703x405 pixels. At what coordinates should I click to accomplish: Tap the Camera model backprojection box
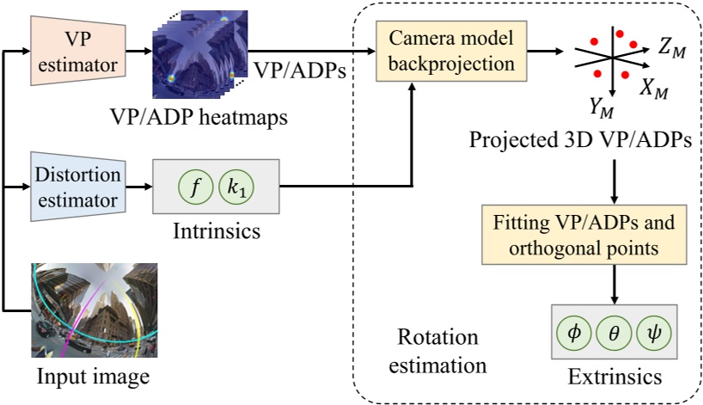click(x=450, y=52)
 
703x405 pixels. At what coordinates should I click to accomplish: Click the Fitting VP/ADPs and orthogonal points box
click(x=612, y=236)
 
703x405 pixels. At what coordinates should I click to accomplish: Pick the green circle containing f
click(x=195, y=186)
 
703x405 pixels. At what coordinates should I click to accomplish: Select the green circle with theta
click(x=613, y=332)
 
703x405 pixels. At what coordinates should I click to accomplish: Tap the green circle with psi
click(x=653, y=332)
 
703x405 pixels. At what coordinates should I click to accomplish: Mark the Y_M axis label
click(x=600, y=107)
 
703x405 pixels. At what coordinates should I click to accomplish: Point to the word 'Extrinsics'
click(x=613, y=376)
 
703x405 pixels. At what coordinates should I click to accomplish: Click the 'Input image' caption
click(x=94, y=377)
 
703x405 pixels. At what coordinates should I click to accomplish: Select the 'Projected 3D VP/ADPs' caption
click(x=581, y=141)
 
